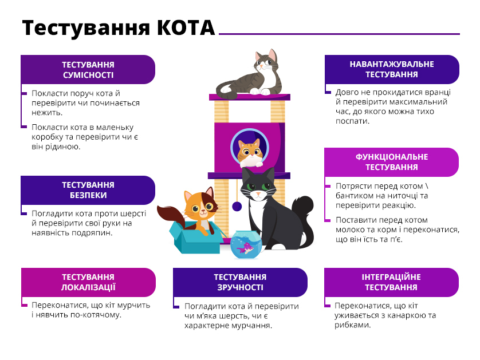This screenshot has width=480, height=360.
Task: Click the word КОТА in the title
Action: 186,27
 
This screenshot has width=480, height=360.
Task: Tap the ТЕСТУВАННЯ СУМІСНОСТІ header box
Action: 88,69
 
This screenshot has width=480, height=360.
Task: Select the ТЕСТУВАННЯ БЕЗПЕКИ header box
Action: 88,190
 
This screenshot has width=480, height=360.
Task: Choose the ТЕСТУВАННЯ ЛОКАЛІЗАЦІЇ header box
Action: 88,282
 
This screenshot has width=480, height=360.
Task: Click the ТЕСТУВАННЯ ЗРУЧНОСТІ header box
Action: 240,282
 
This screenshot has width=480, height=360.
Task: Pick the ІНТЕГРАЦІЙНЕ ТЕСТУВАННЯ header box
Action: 391,282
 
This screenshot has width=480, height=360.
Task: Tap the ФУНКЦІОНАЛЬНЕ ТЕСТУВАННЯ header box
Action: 391,162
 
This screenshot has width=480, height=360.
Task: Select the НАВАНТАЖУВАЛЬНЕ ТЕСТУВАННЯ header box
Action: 392,69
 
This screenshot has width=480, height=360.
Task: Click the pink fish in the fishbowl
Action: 246,247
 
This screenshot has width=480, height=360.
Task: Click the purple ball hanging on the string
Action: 237,207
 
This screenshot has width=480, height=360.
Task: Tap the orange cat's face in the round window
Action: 250,151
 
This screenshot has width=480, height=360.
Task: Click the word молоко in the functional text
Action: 349,230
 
